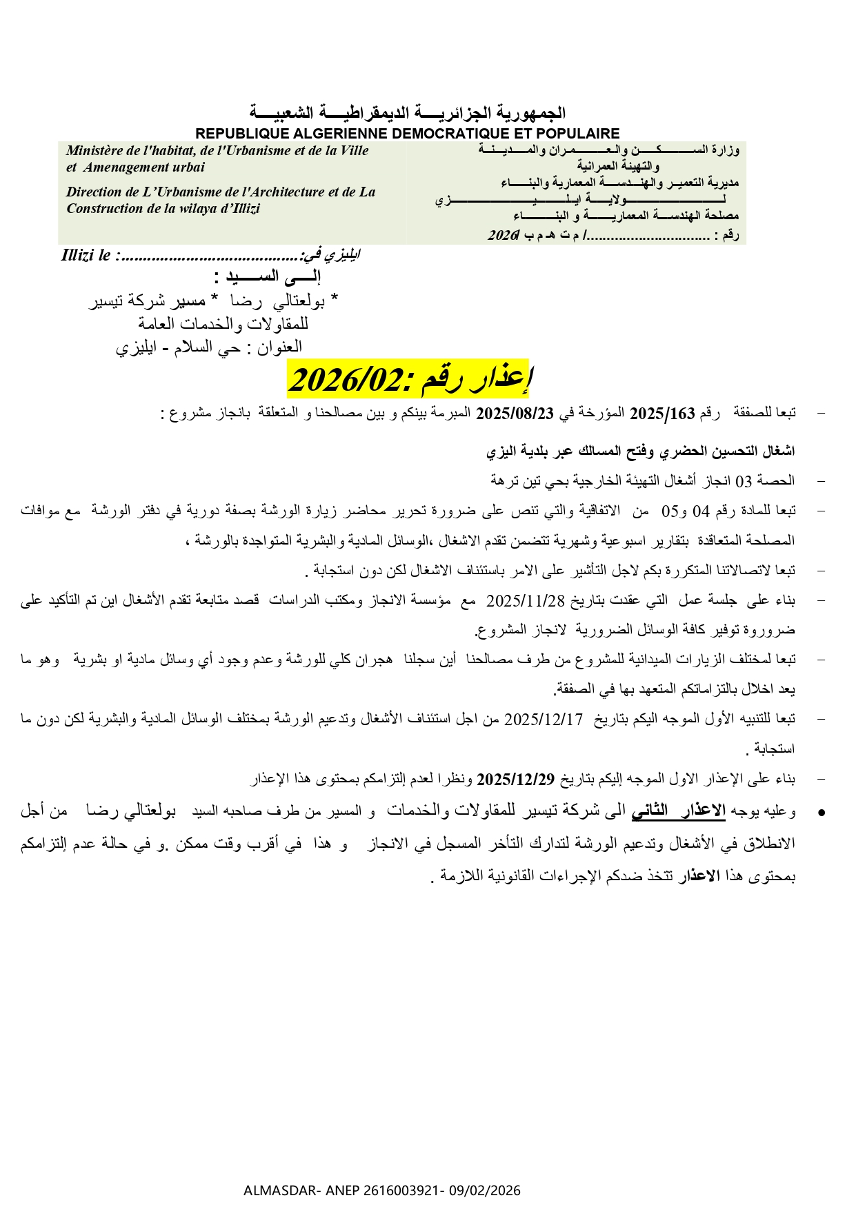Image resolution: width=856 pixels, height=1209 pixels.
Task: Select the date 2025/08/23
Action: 515,414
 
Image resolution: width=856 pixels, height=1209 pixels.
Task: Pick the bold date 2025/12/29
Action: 515,780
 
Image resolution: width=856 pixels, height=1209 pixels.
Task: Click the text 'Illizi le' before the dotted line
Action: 86,256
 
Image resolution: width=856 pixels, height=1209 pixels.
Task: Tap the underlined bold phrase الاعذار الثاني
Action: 678,811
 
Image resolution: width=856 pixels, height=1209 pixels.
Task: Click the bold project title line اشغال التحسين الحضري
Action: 641,451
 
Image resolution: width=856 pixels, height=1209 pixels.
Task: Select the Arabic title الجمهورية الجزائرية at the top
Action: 407,112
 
